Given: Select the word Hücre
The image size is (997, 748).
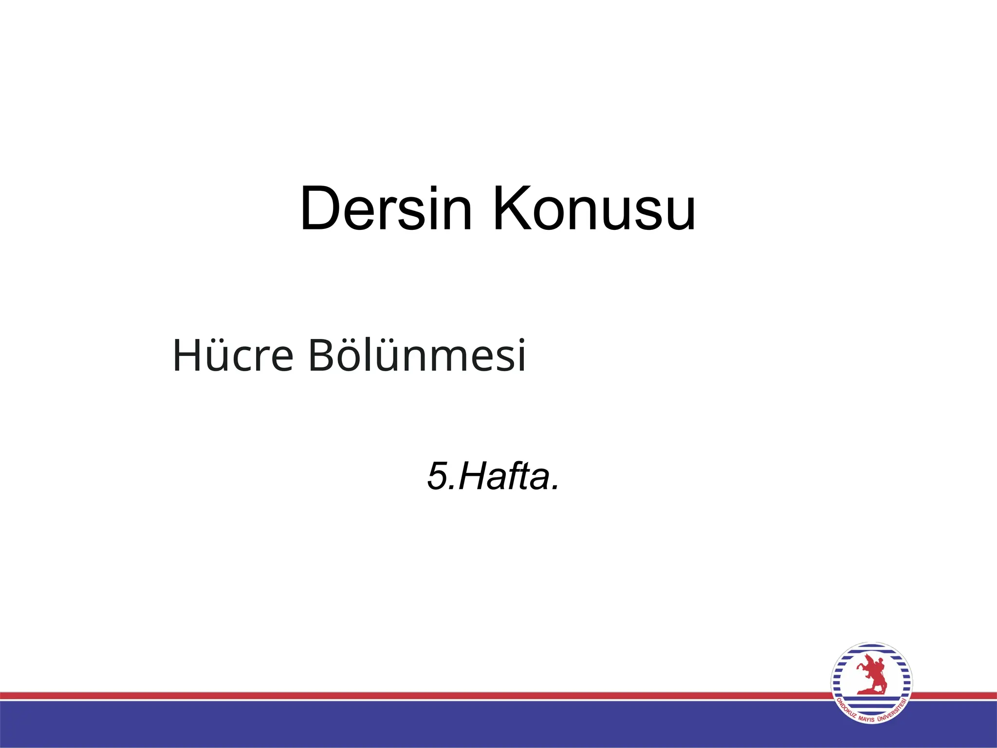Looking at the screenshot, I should coord(233,355).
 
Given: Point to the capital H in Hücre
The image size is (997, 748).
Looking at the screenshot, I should coord(187,355).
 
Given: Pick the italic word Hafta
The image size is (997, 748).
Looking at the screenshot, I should coord(501,476).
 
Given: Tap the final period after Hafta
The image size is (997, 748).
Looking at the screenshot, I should coord(554,487).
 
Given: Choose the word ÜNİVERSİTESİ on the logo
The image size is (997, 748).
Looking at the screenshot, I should coord(894,709).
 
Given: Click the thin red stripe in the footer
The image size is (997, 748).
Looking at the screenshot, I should coord(389,695).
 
